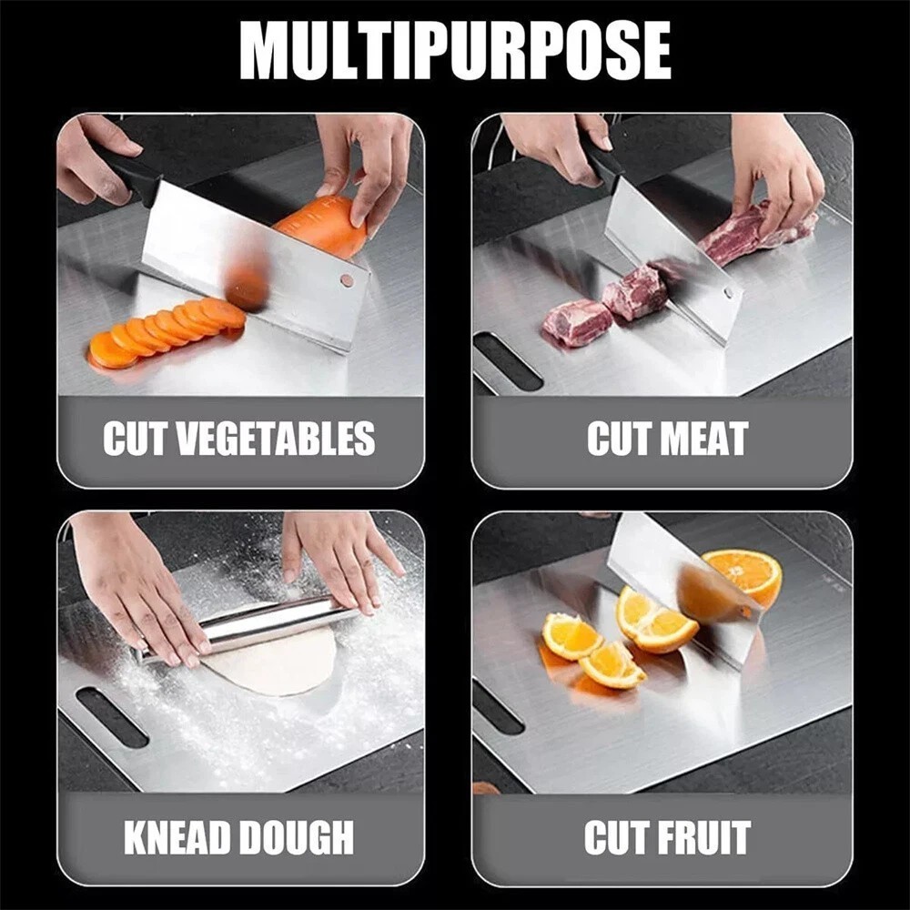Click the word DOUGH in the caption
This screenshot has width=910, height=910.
[292, 837]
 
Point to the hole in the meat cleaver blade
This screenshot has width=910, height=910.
[729, 293]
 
